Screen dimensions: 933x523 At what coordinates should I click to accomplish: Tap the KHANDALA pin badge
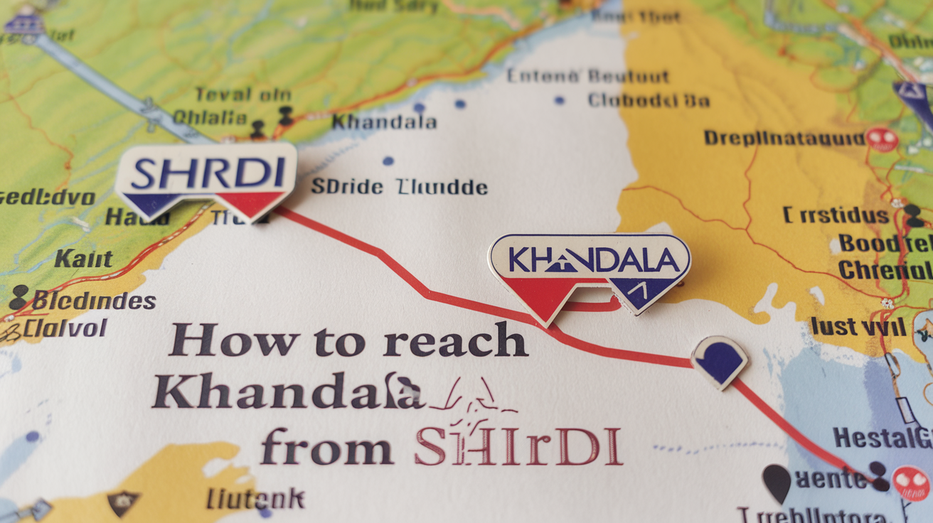(589, 264)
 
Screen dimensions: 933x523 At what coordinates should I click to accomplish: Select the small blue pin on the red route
(719, 360)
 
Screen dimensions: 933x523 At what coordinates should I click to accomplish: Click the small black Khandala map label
(384, 122)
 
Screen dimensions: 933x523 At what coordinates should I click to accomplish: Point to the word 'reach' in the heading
(455, 342)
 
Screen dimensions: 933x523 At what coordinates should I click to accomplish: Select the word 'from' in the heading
(326, 448)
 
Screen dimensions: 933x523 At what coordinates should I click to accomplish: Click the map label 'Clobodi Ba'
(649, 100)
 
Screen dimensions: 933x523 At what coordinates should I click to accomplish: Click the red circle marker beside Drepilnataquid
(882, 139)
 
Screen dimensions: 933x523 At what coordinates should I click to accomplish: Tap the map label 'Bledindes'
(93, 301)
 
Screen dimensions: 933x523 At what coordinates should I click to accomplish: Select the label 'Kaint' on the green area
(84, 259)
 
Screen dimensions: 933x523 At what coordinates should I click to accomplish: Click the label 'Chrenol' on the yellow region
(885, 270)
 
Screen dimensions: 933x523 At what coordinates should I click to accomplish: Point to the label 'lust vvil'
(858, 326)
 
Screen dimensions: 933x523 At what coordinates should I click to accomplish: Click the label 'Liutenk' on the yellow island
(255, 499)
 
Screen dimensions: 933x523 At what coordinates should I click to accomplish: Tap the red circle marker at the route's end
(910, 482)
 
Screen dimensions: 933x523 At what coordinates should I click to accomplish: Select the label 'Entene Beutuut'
(587, 76)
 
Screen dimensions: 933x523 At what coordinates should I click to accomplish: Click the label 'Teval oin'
(242, 95)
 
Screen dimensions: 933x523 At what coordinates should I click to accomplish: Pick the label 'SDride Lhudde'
(399, 188)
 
